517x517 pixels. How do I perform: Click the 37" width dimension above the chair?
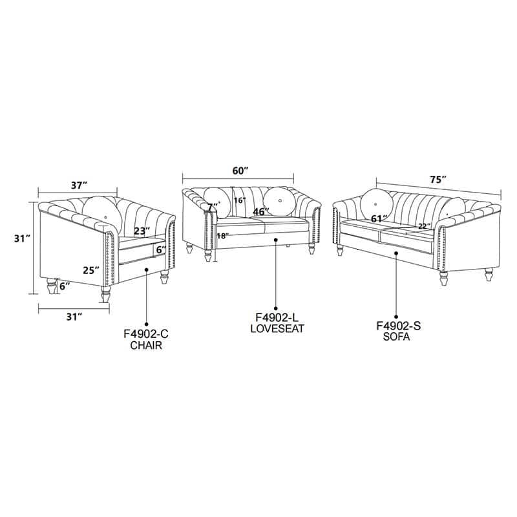79,185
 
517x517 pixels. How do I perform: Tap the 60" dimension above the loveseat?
240,171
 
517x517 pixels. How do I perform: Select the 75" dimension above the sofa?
438,180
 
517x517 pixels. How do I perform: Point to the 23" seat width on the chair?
142,231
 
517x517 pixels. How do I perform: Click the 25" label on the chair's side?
91,270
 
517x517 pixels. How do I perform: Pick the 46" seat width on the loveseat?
261,211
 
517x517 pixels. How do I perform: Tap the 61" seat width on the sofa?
379,218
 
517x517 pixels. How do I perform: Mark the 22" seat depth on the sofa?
425,226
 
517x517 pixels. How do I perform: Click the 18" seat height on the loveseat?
223,236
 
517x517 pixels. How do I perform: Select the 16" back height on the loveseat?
240,200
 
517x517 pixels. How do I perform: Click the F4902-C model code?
146,334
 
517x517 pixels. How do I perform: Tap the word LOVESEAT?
277,328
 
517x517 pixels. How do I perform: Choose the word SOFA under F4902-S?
396,337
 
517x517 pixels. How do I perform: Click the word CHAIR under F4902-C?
146,345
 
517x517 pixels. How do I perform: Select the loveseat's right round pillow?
280,202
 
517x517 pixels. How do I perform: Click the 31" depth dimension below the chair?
74,317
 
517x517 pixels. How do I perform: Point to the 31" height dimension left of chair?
23,238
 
